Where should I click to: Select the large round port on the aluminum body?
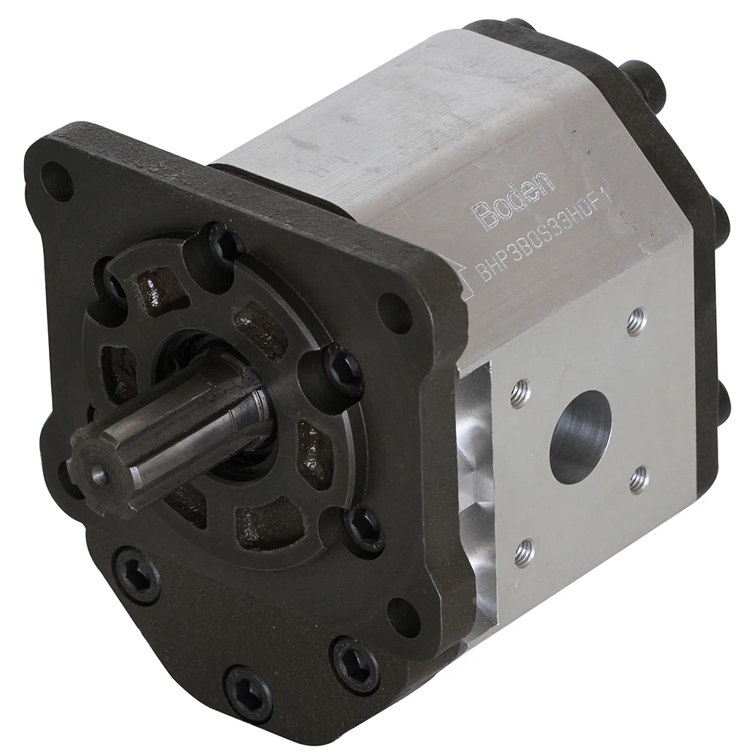[x=580, y=436]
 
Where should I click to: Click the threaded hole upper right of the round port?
[x=636, y=322]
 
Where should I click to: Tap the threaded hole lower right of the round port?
[x=639, y=479]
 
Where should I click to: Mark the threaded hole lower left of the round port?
[x=524, y=553]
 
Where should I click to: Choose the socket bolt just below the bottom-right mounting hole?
[x=355, y=663]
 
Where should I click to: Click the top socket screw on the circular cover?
[x=224, y=243]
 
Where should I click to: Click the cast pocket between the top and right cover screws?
[x=260, y=328]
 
